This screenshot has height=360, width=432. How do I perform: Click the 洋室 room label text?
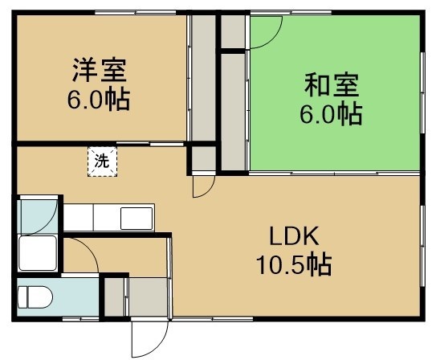point(100,70)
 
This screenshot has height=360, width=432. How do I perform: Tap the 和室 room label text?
point(332,84)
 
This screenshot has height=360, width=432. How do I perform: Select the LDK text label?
point(294,236)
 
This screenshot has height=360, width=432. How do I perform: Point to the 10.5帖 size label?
point(294,264)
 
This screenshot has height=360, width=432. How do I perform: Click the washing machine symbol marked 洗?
point(102,162)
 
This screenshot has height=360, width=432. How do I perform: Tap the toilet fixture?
point(35,297)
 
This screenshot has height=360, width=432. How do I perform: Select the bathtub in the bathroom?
point(38,253)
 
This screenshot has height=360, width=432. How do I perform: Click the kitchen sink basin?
point(137,219)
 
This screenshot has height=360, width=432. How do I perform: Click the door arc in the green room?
point(274,39)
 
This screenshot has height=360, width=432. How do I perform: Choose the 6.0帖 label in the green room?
point(331,113)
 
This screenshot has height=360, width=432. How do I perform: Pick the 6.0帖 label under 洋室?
point(99,98)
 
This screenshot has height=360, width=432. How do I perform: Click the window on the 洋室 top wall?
point(136,12)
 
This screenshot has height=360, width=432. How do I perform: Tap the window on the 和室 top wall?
point(291,12)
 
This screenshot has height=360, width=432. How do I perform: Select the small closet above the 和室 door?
point(233,31)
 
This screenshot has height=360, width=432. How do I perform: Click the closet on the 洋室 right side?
point(204,78)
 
